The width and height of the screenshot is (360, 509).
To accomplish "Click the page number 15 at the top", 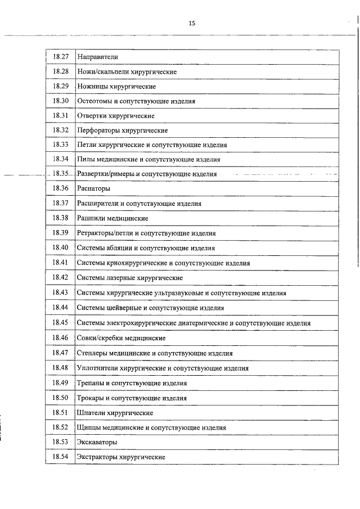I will pos(192,23).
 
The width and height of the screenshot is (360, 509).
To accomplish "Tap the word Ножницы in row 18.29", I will pos(91,87).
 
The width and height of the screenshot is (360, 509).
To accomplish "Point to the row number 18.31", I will pos(60,116).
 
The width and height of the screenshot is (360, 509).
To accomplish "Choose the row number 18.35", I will pos(60,174).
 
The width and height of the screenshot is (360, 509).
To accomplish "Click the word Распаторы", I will pos(93,188).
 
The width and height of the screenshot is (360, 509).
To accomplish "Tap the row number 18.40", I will pos(60,247).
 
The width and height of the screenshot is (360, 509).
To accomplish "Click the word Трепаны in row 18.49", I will pos(91,383).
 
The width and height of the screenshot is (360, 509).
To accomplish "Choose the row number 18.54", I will pos(60,457).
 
